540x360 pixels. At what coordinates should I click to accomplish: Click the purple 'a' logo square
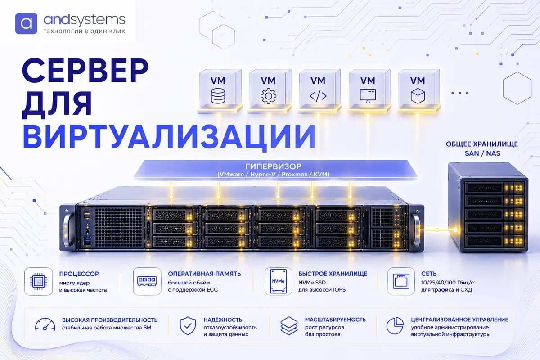pyautogui.click(x=26, y=23)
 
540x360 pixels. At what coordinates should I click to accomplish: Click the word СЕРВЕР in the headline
pyautogui.click(x=85, y=70)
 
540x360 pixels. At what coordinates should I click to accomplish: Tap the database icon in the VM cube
pyautogui.click(x=218, y=96)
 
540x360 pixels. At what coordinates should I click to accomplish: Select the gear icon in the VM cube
pyautogui.click(x=268, y=96)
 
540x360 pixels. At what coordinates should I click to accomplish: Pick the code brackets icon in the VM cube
pyautogui.click(x=318, y=96)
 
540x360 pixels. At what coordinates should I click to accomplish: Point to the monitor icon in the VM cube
pyautogui.click(x=368, y=96)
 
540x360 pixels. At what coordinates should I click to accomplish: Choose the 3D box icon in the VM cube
pyautogui.click(x=418, y=96)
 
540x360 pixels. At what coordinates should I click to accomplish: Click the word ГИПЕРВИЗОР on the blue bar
pyautogui.click(x=274, y=166)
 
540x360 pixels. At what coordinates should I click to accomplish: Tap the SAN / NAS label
pyautogui.click(x=482, y=153)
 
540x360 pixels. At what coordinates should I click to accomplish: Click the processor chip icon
pyautogui.click(x=38, y=281)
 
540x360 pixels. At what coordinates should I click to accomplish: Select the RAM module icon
pyautogui.click(x=147, y=281)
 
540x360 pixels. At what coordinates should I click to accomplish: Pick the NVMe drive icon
pyautogui.click(x=278, y=281)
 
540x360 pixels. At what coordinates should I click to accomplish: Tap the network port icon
pyautogui.click(x=401, y=281)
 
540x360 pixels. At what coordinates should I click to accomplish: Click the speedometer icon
pyautogui.click(x=45, y=324)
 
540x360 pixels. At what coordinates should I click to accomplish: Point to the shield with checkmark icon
pyautogui.click(x=188, y=326)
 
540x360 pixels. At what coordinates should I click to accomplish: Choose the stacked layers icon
pyautogui.click(x=289, y=326)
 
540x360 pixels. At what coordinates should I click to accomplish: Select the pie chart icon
pyautogui.click(x=395, y=326)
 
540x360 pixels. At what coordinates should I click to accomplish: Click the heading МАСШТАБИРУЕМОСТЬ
pyautogui.click(x=335, y=320)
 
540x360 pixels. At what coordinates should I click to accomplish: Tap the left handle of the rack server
pyautogui.click(x=68, y=230)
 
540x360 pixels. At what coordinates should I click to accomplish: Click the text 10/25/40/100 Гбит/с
pyautogui.click(x=447, y=283)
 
